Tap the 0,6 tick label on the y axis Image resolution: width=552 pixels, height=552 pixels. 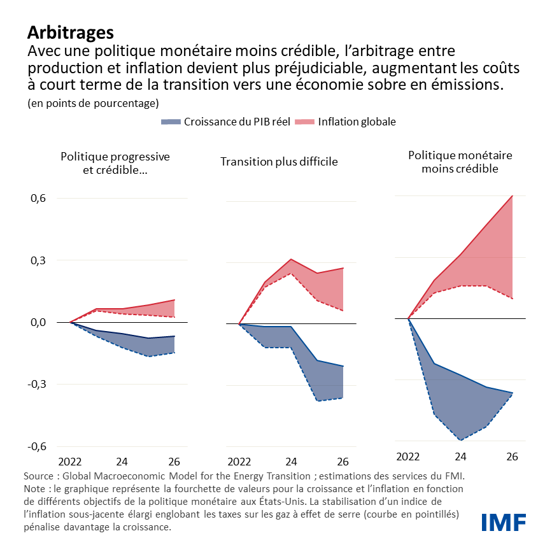click(38, 199)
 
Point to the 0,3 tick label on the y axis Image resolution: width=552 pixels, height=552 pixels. click(38, 260)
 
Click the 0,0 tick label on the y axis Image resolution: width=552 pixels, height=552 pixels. click(38, 323)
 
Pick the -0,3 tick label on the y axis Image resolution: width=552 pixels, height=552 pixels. click(36, 385)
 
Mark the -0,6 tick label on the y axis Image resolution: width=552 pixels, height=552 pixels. click(36, 446)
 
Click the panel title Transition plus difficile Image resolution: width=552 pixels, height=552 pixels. click(279, 162)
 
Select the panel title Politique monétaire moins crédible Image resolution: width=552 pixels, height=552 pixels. click(460, 162)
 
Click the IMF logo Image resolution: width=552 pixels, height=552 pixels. click(503, 522)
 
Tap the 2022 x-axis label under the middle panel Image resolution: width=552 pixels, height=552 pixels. click(239, 462)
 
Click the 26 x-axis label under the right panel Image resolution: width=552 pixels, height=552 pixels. click(512, 456)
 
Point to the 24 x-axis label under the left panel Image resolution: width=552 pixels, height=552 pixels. click(122, 462)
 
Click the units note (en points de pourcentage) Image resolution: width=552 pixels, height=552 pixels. click(93, 103)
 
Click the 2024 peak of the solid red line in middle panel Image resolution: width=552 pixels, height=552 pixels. click(291, 259)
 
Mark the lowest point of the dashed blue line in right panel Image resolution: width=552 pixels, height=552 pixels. click(460, 440)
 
